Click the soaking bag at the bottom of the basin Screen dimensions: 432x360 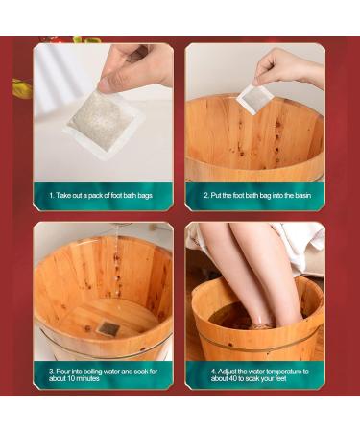[108, 327]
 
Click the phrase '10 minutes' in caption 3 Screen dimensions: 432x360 [79, 377]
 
